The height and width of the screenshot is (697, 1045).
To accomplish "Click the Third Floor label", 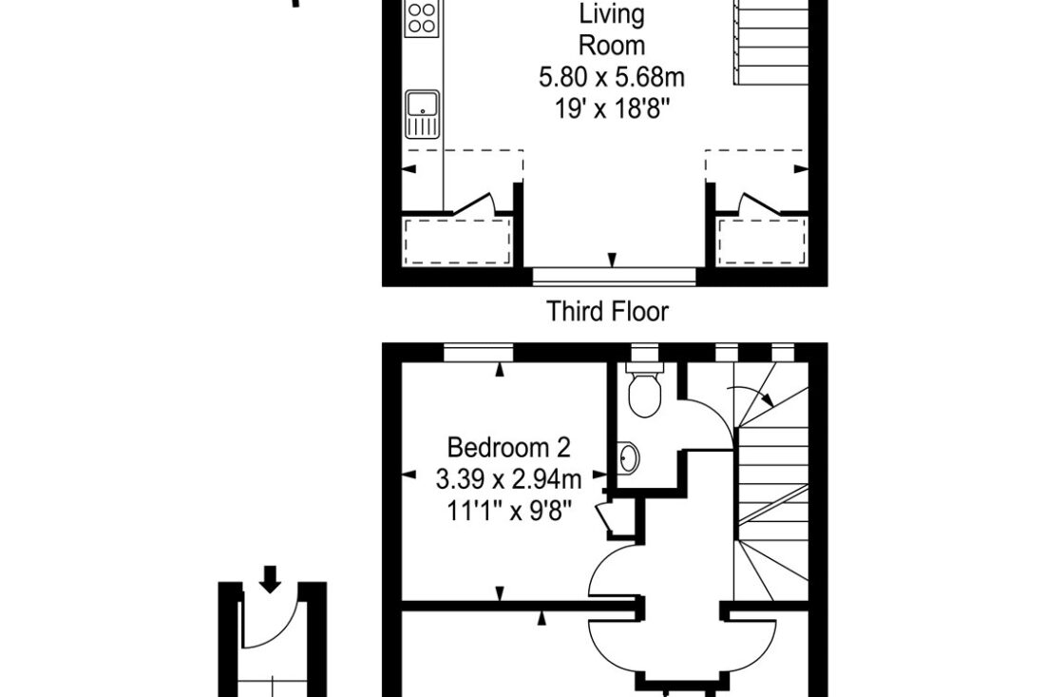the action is click(x=607, y=312).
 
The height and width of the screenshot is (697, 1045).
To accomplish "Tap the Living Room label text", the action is click(x=612, y=30).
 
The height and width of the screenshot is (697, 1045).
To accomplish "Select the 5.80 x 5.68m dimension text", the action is click(x=612, y=77).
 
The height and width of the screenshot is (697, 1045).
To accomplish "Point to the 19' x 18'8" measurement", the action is click(x=612, y=108).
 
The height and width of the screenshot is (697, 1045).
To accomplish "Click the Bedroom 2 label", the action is click(x=508, y=447).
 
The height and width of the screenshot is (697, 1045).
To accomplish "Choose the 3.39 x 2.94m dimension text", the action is click(x=508, y=478).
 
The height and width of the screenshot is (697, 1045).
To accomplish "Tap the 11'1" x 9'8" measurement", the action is click(x=508, y=511).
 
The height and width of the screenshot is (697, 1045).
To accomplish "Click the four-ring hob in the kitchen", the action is click(x=422, y=18).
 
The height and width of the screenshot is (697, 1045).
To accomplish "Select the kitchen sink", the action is click(x=422, y=113).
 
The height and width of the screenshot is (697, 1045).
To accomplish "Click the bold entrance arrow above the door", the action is click(x=270, y=579).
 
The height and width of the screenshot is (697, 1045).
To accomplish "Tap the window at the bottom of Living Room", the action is click(x=614, y=276).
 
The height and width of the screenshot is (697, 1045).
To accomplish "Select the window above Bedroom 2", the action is click(x=479, y=352).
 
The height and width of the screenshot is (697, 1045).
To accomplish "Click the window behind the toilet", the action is click(x=644, y=352).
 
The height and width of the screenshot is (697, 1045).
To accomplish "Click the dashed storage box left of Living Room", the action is click(x=457, y=241).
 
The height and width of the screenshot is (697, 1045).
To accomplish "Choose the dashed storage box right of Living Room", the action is click(x=761, y=241).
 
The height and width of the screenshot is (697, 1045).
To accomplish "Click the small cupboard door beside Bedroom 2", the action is click(x=606, y=518).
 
